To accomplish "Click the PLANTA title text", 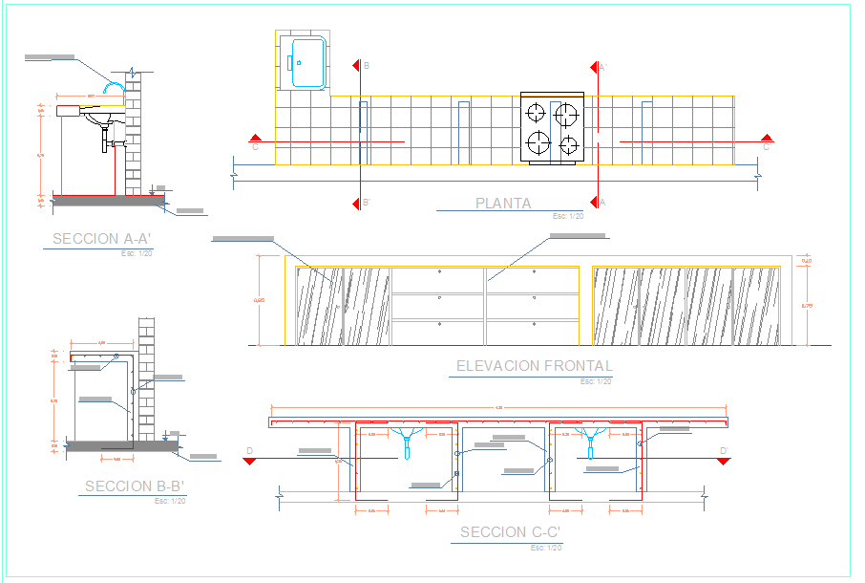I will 503,203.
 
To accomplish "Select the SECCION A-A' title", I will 98,239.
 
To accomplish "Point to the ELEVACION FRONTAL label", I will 535,365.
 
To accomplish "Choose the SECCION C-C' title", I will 510,532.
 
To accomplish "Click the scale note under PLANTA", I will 566,217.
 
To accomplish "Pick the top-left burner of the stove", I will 536,112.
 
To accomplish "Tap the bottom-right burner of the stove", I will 569,145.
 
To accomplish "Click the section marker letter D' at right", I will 724,451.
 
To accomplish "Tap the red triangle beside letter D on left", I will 248,461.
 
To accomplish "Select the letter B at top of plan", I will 366,66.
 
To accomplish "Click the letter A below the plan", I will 602,202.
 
